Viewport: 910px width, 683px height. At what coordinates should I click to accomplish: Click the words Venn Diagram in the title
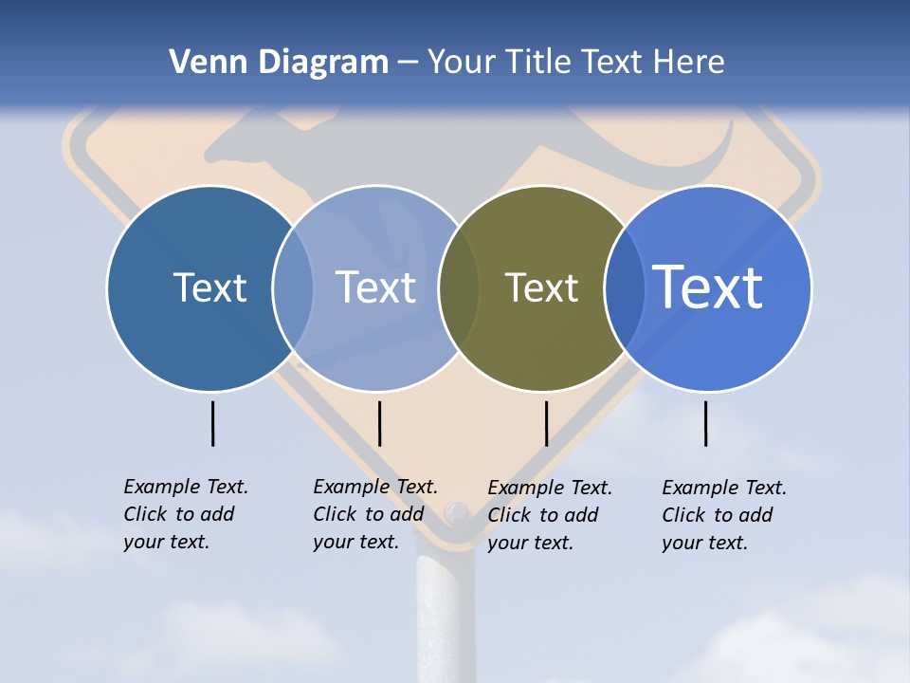[x=279, y=63]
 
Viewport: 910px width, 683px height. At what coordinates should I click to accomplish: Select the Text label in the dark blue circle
[x=209, y=287]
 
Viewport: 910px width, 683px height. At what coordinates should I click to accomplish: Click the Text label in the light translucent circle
[x=375, y=287]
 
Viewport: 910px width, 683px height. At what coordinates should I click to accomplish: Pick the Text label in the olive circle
[x=541, y=287]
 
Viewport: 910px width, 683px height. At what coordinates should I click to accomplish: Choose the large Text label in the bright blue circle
[x=708, y=286]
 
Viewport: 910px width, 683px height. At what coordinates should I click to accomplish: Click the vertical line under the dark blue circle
[x=212, y=423]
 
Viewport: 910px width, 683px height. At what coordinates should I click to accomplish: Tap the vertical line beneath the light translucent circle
[x=379, y=423]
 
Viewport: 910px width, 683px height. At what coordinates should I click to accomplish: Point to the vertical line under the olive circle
[x=546, y=423]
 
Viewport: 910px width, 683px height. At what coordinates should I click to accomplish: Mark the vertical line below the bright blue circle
[x=705, y=423]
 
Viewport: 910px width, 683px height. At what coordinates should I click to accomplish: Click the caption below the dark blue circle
[x=186, y=514]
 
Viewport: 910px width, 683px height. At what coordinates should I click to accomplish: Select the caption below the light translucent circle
[x=375, y=514]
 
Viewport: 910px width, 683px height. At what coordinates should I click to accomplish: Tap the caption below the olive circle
[x=550, y=515]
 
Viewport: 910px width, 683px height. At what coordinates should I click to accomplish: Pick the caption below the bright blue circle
[x=724, y=515]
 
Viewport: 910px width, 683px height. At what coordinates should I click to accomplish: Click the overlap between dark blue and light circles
[x=293, y=288]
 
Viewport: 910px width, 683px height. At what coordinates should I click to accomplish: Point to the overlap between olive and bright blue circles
[x=625, y=288]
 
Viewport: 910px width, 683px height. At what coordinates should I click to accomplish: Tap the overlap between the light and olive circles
[x=459, y=288]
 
